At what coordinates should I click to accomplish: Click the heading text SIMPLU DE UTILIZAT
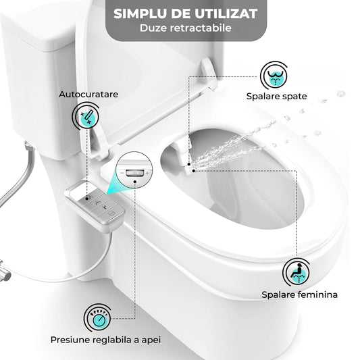pyautogui.click(x=186, y=14)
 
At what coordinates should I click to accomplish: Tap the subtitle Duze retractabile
pyautogui.click(x=186, y=28)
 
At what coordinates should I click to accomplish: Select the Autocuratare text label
pyautogui.click(x=88, y=94)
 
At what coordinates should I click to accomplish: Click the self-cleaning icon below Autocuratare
pyautogui.click(x=86, y=117)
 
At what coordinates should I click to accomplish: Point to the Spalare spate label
pyautogui.click(x=277, y=96)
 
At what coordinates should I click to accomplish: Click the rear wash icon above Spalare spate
pyautogui.click(x=275, y=76)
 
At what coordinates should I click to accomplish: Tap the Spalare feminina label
pyautogui.click(x=300, y=294)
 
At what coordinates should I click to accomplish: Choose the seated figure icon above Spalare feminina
pyautogui.click(x=297, y=272)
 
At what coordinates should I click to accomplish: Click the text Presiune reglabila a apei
pyautogui.click(x=105, y=340)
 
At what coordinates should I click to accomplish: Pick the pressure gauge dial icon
pyautogui.click(x=97, y=317)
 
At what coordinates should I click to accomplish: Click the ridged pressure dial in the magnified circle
pyautogui.click(x=135, y=173)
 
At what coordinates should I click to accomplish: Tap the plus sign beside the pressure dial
pyautogui.click(x=147, y=173)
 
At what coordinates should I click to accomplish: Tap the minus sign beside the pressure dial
pyautogui.click(x=122, y=173)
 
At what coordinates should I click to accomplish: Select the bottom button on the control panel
pyautogui.click(x=112, y=213)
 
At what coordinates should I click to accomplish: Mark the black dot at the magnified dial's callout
pyautogui.click(x=135, y=182)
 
